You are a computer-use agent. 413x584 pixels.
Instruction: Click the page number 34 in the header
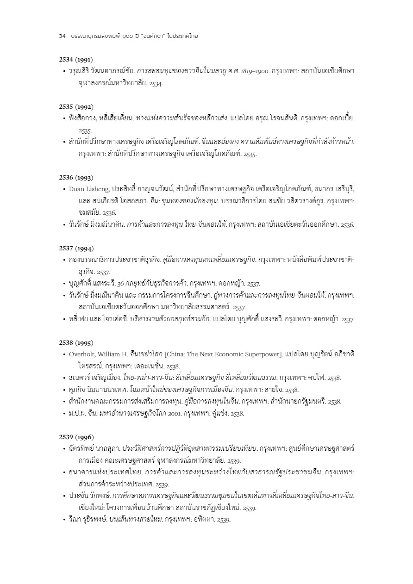62,36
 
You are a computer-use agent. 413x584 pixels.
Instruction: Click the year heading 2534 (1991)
76,59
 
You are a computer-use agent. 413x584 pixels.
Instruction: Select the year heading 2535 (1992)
76,106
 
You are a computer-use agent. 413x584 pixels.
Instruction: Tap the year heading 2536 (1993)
76,177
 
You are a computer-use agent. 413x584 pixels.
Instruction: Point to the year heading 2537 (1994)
76,249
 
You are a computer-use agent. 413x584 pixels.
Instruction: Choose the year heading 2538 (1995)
76,343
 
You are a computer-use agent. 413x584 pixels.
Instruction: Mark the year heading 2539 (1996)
76,437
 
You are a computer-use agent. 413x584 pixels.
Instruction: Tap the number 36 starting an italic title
120,283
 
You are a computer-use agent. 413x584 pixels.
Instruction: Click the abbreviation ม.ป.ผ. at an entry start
77,413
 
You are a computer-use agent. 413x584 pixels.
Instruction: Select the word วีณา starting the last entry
75,519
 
